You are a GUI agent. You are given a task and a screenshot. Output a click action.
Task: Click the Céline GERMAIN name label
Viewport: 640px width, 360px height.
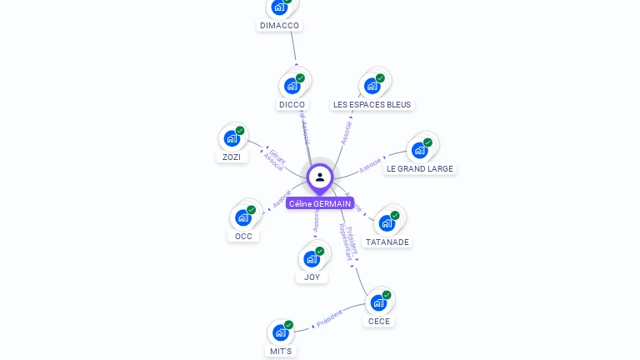(x=320, y=203)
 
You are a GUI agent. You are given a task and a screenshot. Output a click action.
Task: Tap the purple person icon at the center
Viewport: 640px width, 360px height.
(x=320, y=177)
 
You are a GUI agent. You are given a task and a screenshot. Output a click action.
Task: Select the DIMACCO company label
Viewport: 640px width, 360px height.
(x=279, y=26)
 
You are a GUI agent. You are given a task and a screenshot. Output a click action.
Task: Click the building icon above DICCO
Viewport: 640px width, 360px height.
(x=292, y=85)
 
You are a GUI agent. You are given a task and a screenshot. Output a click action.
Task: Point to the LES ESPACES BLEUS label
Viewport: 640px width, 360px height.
(x=372, y=105)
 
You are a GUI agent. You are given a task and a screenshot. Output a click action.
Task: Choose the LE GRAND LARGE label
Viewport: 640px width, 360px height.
(x=420, y=168)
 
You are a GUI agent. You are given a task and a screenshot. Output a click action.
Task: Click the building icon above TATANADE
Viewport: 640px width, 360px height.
(x=387, y=222)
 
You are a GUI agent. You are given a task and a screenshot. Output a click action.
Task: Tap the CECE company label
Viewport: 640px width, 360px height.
(x=379, y=321)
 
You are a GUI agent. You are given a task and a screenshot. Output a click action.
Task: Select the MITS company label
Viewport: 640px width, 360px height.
(x=281, y=351)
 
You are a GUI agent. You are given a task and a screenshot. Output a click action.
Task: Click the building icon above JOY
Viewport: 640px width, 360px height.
(x=311, y=258)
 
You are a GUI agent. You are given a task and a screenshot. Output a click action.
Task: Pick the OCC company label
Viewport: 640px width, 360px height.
(x=243, y=236)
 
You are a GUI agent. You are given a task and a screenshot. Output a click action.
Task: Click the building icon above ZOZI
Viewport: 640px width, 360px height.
(x=231, y=138)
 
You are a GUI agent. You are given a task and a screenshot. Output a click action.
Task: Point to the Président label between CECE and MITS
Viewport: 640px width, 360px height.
(x=328, y=317)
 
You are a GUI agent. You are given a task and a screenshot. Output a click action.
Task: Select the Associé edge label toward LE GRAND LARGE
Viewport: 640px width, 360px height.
(x=370, y=165)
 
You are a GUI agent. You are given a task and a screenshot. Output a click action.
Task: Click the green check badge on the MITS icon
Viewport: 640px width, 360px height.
(x=288, y=325)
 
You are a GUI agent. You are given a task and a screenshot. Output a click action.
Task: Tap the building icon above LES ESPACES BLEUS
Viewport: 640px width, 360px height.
(x=372, y=85)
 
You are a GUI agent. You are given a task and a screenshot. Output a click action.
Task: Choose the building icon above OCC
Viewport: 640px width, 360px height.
(x=242, y=217)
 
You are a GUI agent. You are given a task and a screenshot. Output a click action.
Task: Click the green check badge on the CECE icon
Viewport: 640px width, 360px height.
(x=387, y=295)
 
